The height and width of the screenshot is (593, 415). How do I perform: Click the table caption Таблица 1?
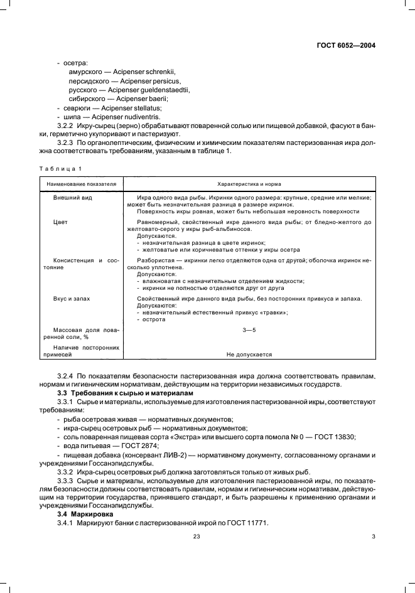60,168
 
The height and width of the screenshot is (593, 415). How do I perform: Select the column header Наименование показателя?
78,184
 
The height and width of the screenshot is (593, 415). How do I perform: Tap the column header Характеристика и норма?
249,184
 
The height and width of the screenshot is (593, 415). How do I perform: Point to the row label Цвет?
60,222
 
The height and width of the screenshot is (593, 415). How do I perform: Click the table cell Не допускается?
249,354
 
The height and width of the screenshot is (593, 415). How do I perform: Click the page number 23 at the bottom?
197,536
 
